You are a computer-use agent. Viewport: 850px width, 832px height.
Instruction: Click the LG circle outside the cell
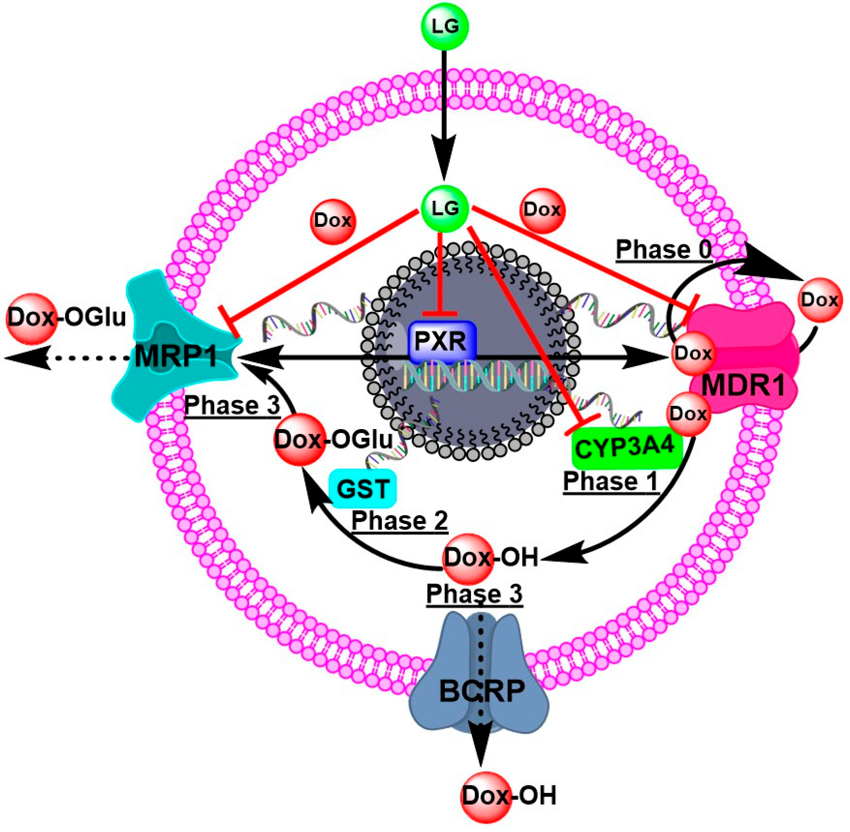coord(445,27)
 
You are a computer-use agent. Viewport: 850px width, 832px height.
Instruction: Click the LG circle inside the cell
coord(445,208)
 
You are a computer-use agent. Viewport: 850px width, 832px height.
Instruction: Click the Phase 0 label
coord(663,250)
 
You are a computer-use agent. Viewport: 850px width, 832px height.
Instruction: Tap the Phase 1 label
coord(610,482)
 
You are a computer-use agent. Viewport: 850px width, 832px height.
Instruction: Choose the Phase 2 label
coord(399,521)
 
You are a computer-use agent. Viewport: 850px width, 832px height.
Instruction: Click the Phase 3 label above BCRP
coord(474,594)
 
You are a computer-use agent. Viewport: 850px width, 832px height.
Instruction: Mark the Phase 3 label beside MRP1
coord(232,405)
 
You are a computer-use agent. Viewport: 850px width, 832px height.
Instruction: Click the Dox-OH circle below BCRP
coord(485,797)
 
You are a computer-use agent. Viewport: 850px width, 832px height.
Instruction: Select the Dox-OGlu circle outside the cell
coord(32,318)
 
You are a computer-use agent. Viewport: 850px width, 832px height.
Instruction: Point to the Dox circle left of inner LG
coord(333,221)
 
